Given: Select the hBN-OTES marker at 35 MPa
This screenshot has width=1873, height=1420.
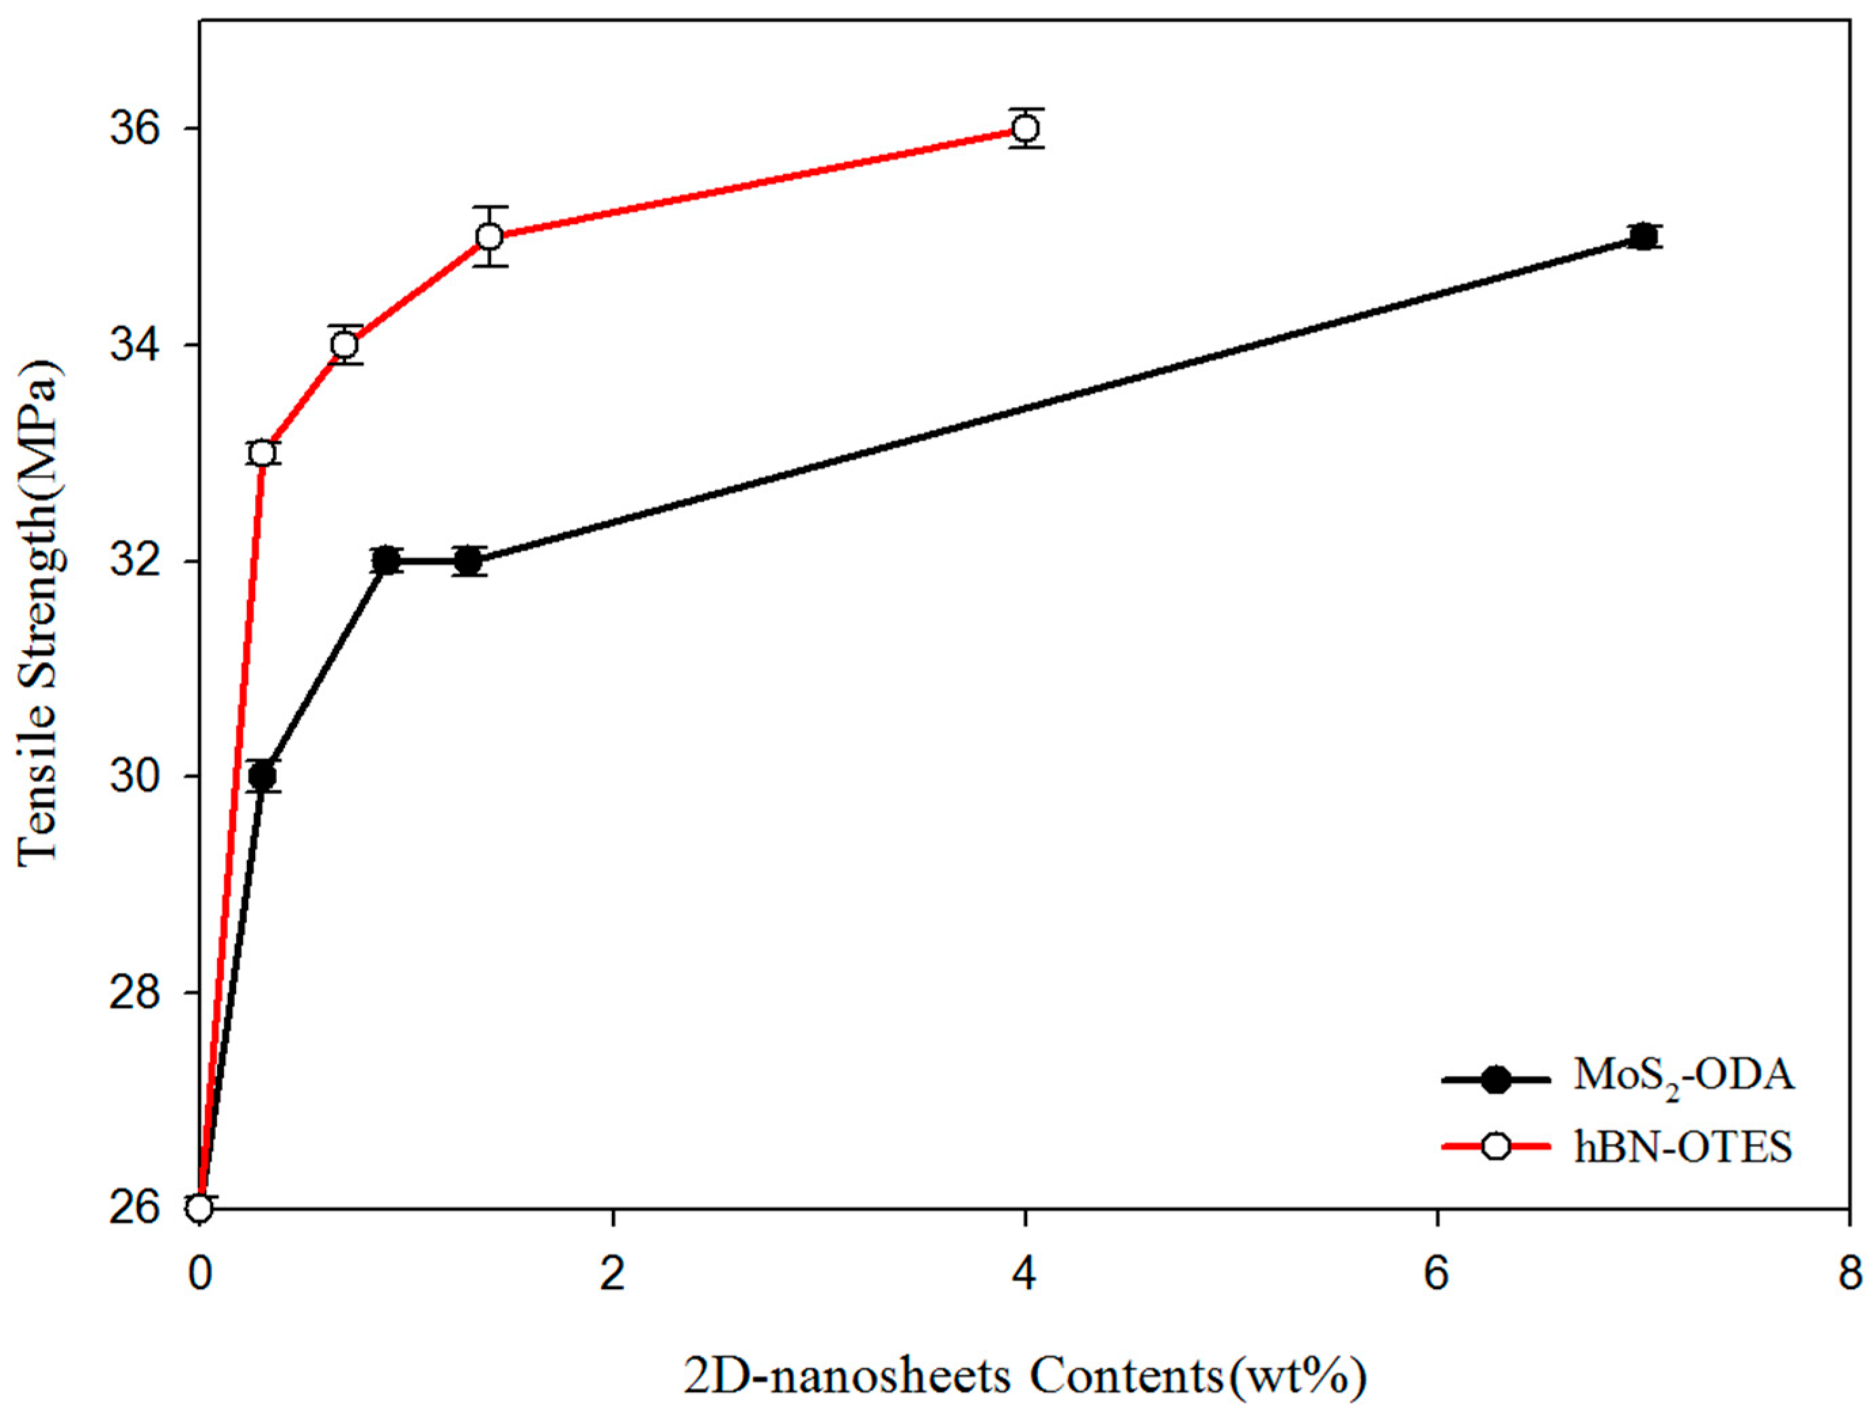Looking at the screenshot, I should coord(489,236).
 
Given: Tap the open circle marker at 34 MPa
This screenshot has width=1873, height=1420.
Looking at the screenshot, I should coord(344,345).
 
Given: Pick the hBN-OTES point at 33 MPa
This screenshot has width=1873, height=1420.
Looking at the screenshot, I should coord(263,453).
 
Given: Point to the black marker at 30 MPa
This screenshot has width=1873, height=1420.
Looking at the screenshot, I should coord(263,775).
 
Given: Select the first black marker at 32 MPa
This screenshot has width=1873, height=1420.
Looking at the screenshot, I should coord(385,560).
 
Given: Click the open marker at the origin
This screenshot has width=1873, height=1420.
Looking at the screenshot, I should coord(200,1206).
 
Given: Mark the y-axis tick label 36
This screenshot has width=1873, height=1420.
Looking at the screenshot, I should coord(136,129).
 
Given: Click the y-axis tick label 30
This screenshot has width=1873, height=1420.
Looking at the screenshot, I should coord(136,776).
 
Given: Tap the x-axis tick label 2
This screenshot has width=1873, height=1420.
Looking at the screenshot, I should coord(612,1273).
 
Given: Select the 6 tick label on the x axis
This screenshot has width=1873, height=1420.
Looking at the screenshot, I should coord(1437,1273).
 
